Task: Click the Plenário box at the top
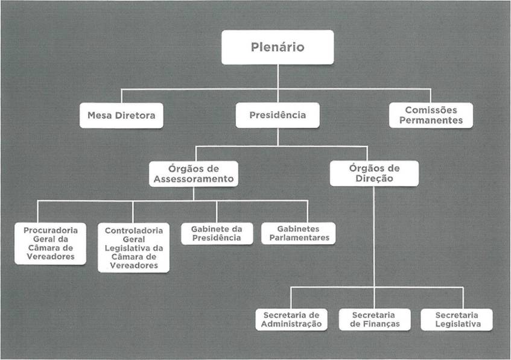278,47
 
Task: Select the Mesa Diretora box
121,115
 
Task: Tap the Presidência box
278,115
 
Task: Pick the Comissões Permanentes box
430,115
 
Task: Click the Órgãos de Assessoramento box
193,174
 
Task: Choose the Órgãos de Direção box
374,174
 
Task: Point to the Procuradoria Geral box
50,243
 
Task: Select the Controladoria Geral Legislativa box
133,247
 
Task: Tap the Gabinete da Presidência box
217,233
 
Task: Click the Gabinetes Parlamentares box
299,233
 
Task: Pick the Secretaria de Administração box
291,320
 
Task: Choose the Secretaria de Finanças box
373,320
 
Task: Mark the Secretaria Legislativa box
457,320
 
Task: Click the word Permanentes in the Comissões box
430,120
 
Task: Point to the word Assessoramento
193,179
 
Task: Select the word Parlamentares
299,238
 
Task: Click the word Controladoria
133,230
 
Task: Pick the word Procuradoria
50,230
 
